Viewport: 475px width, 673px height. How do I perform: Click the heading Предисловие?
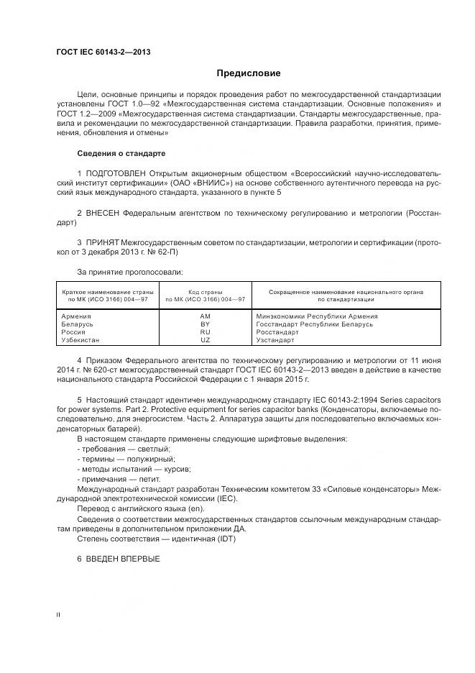pos(249,73)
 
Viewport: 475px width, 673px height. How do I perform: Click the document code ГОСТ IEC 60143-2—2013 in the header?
pos(103,51)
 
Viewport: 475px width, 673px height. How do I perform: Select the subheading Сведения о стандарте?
pos(121,153)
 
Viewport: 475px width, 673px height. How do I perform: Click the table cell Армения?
pos(76,316)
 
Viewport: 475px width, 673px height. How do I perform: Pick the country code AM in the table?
pos(205,316)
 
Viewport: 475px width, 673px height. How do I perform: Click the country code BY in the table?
pos(205,324)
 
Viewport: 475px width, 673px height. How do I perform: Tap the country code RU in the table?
pos(205,332)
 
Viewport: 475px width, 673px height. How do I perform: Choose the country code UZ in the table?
pos(205,340)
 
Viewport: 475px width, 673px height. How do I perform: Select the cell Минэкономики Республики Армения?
pos(316,316)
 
